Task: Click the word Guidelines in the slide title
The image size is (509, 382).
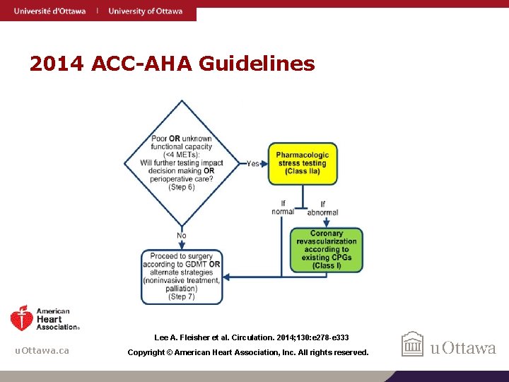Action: tap(257, 64)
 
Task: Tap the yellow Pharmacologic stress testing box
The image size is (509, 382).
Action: tap(302, 163)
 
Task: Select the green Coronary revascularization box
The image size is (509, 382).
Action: tap(326, 250)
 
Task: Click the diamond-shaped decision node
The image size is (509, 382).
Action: tap(182, 163)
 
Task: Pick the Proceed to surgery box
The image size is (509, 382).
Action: tap(181, 277)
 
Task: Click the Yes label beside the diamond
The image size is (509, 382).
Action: tap(252, 163)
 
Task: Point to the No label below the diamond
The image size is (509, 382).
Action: tap(182, 236)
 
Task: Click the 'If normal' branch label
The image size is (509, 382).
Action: tap(283, 207)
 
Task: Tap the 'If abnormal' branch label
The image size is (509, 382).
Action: tap(322, 208)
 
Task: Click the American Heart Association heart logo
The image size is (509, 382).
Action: tap(22, 318)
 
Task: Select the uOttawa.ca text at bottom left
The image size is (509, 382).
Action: tap(42, 351)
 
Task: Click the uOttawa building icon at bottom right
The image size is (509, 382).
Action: tap(412, 345)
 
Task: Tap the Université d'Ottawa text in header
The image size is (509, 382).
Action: tap(49, 11)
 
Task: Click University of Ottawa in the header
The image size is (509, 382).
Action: tap(145, 11)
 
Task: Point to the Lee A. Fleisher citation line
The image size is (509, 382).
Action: tap(252, 338)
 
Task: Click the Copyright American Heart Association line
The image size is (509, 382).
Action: tap(247, 352)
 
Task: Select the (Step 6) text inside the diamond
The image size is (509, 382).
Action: tap(182, 187)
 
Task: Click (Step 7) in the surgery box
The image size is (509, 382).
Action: tap(182, 296)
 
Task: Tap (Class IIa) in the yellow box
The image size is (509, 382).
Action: tap(302, 172)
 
